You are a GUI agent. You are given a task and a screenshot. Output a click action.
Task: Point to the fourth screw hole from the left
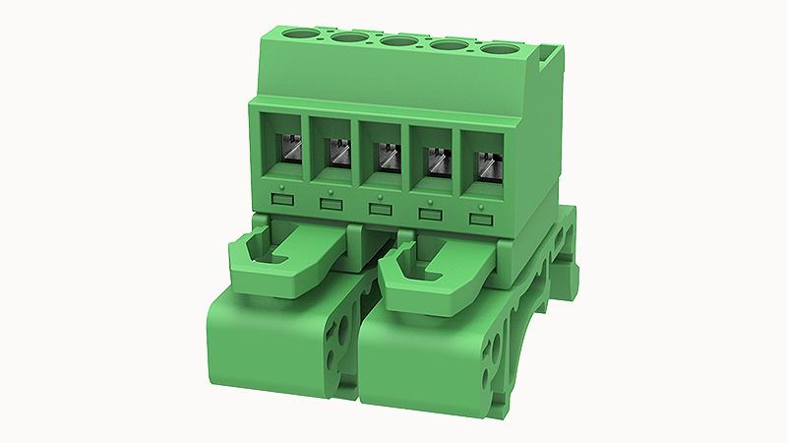pyautogui.click(x=449, y=44)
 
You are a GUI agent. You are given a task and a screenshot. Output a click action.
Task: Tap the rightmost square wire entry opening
pyautogui.click(x=484, y=160)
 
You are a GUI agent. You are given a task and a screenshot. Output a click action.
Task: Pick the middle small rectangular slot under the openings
pyautogui.click(x=379, y=208)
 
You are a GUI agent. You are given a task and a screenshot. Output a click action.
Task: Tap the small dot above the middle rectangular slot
pyautogui.click(x=380, y=194)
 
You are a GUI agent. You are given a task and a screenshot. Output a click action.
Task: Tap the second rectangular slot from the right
pyautogui.click(x=430, y=213)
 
